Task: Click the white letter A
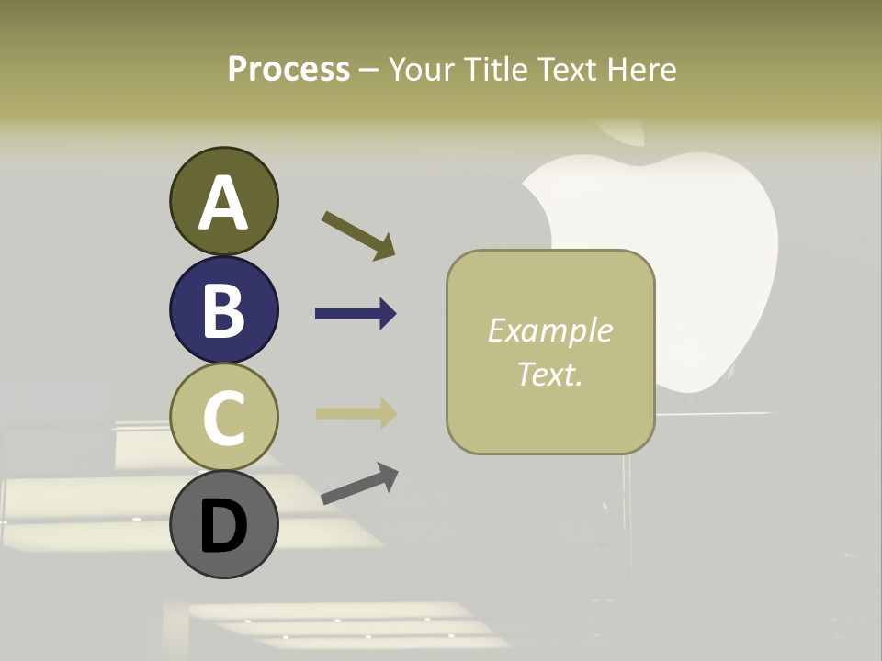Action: pyautogui.click(x=224, y=203)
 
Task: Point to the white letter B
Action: pyautogui.click(x=223, y=310)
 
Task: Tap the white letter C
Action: pyautogui.click(x=223, y=419)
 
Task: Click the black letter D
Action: pyautogui.click(x=223, y=526)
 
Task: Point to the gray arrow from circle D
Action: pyautogui.click(x=359, y=484)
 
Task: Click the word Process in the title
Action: pyautogui.click(x=288, y=69)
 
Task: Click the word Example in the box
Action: pyautogui.click(x=549, y=330)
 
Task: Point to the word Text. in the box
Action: pyautogui.click(x=549, y=374)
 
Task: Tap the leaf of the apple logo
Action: pyautogui.click(x=626, y=133)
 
